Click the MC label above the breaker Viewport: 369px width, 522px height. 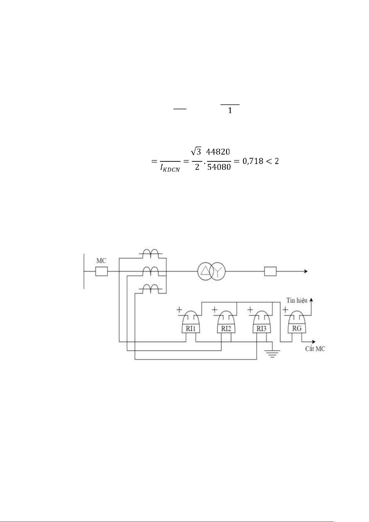pos(101,261)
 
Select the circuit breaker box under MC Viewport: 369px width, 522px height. pos(101,272)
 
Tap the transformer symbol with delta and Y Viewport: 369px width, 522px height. pos(212,272)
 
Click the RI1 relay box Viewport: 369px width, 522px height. pos(190,328)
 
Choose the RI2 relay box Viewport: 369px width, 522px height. pos(226,328)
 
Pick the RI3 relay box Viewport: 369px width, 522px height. pos(262,328)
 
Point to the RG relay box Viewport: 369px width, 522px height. pos(297,328)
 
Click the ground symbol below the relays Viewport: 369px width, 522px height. pos(272,353)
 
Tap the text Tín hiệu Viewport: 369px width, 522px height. pos(297,300)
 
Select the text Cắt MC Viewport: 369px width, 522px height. pos(315,349)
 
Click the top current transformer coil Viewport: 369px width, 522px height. pos(150,254)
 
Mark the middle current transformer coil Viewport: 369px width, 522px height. pos(150,272)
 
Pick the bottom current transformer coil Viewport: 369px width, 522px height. pos(150,289)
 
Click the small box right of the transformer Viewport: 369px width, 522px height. pos(270,272)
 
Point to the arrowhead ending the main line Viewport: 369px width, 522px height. pos(306,272)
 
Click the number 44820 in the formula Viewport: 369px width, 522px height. pos(218,152)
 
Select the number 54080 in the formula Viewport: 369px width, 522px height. pos(219,167)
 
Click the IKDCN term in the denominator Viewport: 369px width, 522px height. pos(170,169)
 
